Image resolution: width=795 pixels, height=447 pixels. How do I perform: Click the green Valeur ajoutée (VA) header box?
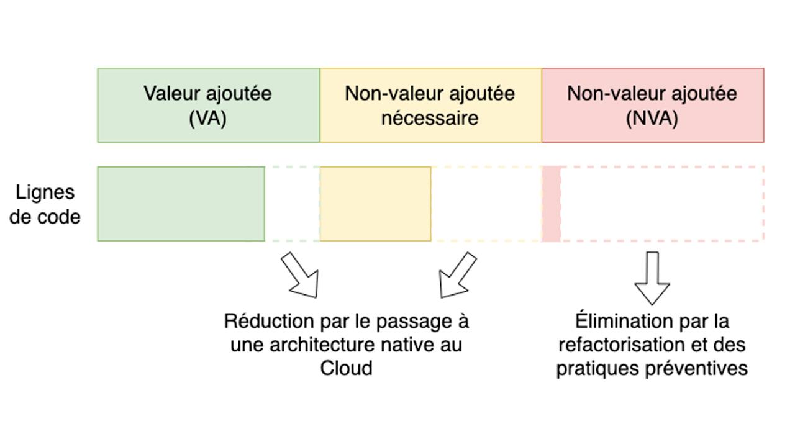[208, 105]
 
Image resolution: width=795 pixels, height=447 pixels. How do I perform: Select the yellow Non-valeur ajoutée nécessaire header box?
[430, 105]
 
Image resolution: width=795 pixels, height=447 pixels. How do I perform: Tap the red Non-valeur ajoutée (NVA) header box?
[652, 105]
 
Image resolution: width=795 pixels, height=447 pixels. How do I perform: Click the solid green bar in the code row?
[181, 204]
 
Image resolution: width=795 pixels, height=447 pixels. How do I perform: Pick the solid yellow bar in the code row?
[375, 204]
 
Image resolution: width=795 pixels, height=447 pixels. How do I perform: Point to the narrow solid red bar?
[551, 204]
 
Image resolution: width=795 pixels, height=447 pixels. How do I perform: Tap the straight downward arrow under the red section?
[652, 278]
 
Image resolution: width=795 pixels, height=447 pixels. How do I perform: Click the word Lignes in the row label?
[45, 192]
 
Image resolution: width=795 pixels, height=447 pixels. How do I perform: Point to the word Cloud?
[346, 368]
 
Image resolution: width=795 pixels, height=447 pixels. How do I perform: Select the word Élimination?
[615, 322]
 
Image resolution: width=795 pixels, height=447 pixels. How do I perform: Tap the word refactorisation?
[617, 345]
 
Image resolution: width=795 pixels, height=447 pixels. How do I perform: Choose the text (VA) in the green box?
[207, 117]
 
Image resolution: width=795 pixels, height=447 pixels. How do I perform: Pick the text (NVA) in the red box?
[652, 117]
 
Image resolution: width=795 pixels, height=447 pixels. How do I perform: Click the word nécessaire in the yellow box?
[430, 117]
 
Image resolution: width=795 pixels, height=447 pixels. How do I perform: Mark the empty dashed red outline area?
[662, 204]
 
